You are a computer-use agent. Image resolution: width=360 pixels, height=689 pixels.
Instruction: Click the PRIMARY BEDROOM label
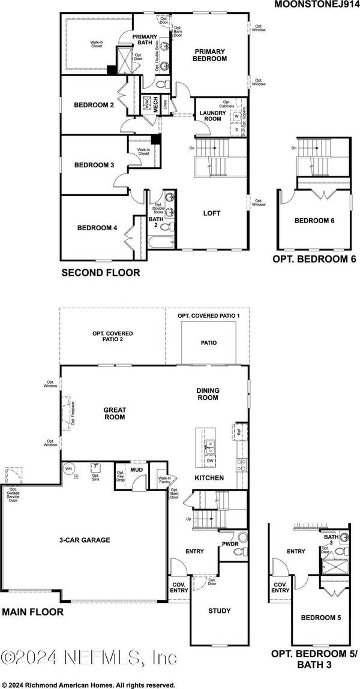(x=209, y=55)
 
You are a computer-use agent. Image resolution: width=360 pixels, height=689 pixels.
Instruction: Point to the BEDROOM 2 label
(x=94, y=106)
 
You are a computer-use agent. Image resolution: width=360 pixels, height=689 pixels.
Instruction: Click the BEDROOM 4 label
(x=97, y=228)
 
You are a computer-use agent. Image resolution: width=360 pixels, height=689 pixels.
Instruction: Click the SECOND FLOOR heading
(x=100, y=273)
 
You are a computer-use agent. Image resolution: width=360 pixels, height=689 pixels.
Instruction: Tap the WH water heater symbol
(x=68, y=468)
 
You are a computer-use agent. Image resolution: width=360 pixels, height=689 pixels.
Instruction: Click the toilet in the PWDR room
(x=242, y=538)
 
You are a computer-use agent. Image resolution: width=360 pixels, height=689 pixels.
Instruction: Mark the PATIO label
(x=209, y=343)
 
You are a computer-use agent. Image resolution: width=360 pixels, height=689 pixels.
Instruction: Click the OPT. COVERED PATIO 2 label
(x=112, y=336)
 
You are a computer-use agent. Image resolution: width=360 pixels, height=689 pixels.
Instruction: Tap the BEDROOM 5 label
(x=321, y=617)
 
